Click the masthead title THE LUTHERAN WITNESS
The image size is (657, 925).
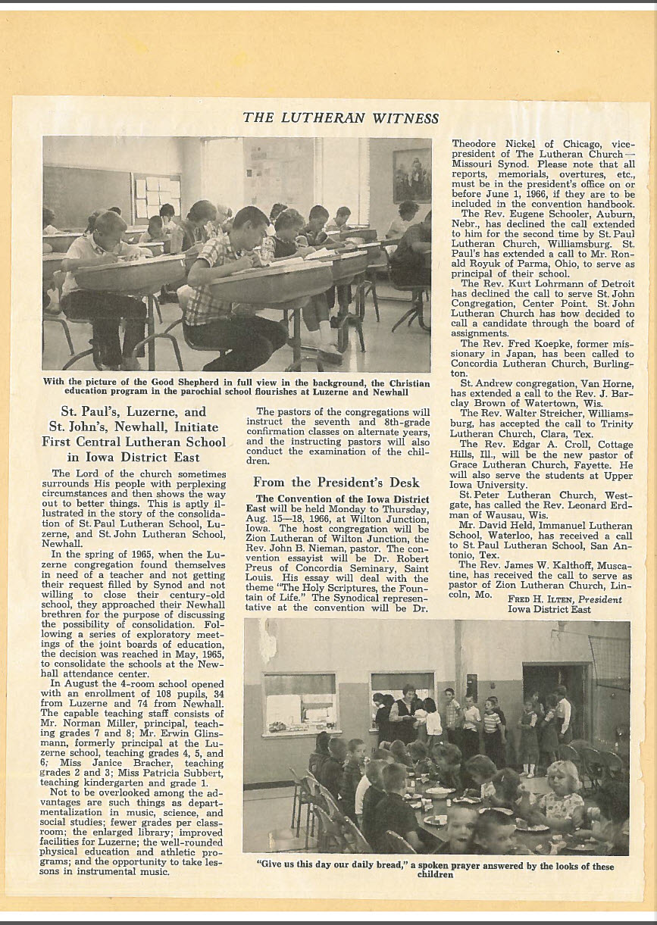coord(340,118)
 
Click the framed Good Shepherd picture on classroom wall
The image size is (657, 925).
coord(411,176)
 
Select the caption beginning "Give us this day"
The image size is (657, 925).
coord(435,868)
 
